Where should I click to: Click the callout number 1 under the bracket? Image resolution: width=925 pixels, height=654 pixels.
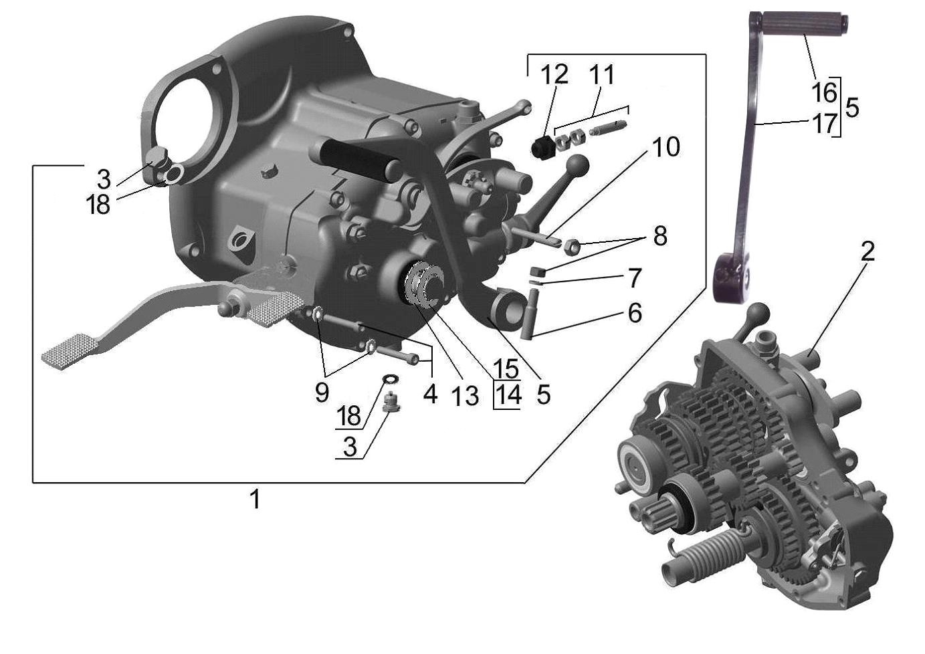255,499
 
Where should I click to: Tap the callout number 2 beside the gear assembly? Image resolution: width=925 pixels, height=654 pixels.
867,252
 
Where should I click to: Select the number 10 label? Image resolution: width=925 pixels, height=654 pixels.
665,148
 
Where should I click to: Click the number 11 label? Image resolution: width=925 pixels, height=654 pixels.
602,74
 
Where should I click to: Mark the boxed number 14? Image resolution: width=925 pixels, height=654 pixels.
507,395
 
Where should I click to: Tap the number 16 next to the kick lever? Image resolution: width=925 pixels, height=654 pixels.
824,92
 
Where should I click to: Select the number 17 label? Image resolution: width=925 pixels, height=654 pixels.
824,123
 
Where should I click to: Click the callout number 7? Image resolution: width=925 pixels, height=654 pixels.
634,278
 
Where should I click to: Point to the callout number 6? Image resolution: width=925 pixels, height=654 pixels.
634,312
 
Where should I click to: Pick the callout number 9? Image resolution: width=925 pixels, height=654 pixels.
322,393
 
